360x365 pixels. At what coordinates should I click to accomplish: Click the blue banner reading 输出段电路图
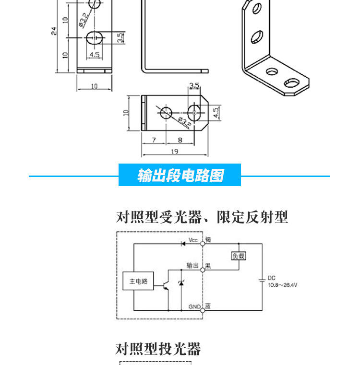pyautogui.click(x=180, y=176)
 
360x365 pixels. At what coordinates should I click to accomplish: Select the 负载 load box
pyautogui.click(x=239, y=256)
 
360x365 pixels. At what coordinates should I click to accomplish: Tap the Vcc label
pyautogui.click(x=193, y=240)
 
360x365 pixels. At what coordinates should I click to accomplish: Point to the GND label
pyautogui.click(x=194, y=306)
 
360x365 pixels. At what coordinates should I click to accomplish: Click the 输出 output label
pyautogui.click(x=192, y=265)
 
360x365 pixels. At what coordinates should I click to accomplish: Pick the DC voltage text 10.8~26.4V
pyautogui.click(x=283, y=285)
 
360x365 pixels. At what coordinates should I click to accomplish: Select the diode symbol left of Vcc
pyautogui.click(x=183, y=243)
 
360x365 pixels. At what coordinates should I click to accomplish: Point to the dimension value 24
pyautogui.click(x=54, y=31)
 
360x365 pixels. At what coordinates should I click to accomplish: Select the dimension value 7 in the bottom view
pyautogui.click(x=154, y=140)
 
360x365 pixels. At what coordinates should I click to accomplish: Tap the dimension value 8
pyautogui.click(x=180, y=140)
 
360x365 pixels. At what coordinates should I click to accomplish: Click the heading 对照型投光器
pyautogui.click(x=158, y=349)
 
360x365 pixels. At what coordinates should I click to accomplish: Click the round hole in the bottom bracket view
pyautogui.click(x=166, y=113)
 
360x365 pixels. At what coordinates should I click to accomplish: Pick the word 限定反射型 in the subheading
pyautogui.click(x=252, y=217)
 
